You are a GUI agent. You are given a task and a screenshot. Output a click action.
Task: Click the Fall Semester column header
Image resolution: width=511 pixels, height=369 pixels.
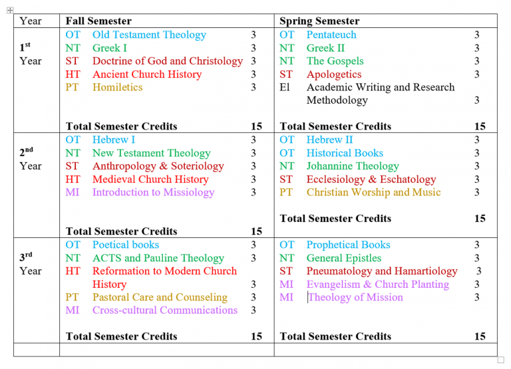point(98,21)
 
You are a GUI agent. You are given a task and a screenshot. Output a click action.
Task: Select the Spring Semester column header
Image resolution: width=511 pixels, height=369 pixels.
point(319,21)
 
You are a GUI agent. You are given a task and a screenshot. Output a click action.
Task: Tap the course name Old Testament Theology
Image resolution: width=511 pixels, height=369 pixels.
point(149,35)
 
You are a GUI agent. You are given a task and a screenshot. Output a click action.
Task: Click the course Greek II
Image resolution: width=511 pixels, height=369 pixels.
point(325,48)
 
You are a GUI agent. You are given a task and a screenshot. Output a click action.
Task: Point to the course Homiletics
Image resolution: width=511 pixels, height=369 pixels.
point(117,87)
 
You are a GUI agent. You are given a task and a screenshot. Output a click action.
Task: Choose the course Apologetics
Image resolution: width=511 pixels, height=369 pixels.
point(334,74)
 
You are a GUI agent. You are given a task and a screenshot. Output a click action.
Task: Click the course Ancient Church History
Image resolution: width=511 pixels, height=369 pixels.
point(146,74)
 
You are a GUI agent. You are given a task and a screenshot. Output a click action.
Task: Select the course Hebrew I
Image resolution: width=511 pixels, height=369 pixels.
point(114,140)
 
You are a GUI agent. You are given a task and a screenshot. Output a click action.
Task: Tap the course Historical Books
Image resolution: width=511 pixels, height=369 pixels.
point(345,153)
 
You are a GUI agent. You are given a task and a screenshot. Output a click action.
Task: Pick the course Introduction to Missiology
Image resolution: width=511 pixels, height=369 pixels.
point(153,192)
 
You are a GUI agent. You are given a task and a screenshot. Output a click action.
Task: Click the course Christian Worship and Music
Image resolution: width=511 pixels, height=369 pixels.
point(373,192)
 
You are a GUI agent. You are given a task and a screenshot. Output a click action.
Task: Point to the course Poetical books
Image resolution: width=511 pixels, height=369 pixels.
point(126,245)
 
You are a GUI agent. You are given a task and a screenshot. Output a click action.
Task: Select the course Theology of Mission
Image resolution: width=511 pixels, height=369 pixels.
point(355,297)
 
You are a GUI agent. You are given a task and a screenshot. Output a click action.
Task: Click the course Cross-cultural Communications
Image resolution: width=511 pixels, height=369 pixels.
point(165,310)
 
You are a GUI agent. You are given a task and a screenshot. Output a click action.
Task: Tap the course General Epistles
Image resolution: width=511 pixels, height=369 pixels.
point(344,258)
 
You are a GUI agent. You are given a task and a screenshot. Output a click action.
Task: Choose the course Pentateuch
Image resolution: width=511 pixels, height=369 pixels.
point(331,35)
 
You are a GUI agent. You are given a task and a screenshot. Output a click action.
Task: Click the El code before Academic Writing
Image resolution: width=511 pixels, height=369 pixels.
point(285,87)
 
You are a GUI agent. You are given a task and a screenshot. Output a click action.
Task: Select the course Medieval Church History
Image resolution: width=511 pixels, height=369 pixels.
point(150,179)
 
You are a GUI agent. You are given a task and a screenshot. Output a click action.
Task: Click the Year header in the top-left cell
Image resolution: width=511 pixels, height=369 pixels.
point(31,21)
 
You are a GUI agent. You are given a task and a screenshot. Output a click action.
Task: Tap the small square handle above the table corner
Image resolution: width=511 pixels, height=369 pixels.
point(10,10)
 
